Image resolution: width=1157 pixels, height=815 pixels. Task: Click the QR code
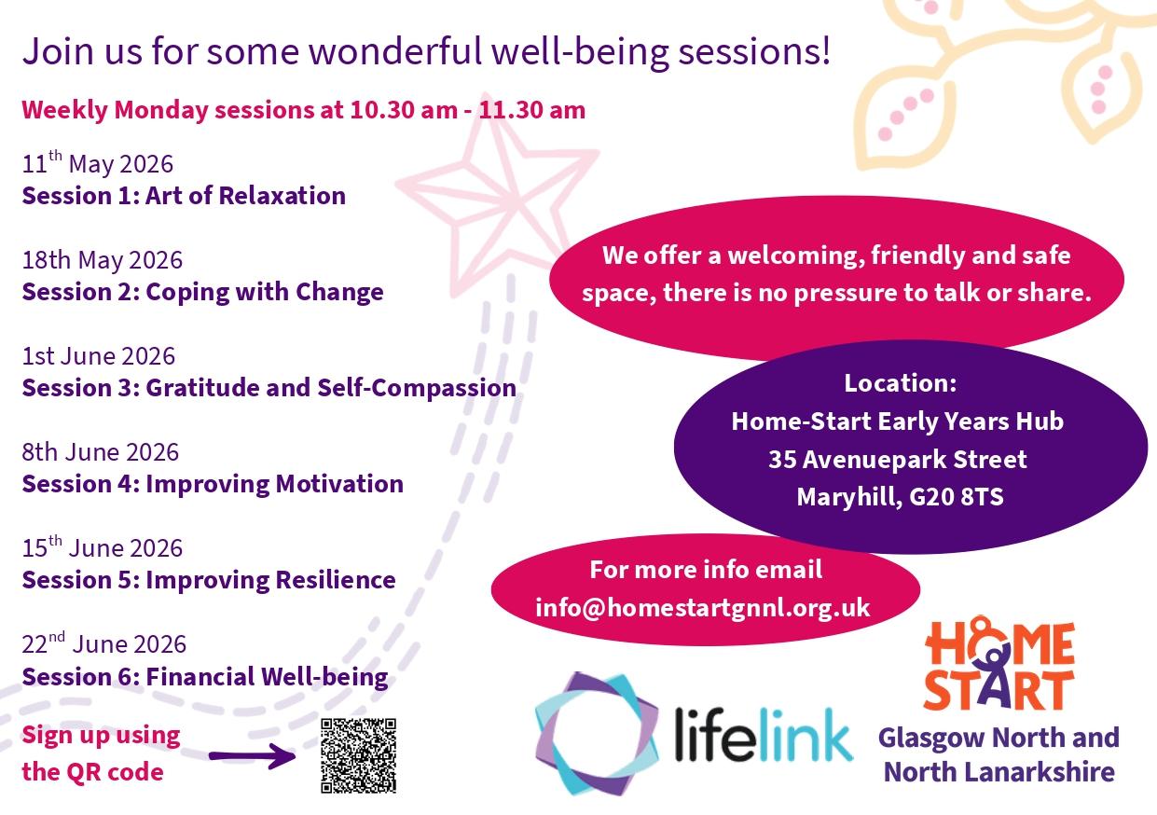pyautogui.click(x=358, y=755)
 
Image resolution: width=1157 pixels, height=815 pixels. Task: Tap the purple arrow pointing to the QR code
pyautogui.click(x=252, y=755)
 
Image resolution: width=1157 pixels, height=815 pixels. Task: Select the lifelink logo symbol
pyautogui.click(x=598, y=734)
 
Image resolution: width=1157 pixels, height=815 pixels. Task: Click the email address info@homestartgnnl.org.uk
pyautogui.click(x=703, y=608)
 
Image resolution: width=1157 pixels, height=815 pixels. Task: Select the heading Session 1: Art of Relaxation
pyautogui.click(x=184, y=196)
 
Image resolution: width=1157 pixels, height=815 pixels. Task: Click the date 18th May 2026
pyautogui.click(x=103, y=259)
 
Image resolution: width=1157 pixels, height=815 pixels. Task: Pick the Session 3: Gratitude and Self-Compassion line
pyautogui.click(x=269, y=388)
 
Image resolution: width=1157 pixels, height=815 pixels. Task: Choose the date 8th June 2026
pyautogui.click(x=100, y=452)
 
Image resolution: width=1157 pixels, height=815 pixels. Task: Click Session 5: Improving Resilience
pyautogui.click(x=209, y=580)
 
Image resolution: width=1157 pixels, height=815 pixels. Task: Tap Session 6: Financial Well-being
pyautogui.click(x=205, y=676)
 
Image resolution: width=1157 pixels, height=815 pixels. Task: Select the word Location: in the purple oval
pyautogui.click(x=900, y=383)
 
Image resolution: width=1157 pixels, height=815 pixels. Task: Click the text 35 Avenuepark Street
pyautogui.click(x=897, y=460)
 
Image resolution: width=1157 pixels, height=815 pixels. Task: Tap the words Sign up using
pyautogui.click(x=101, y=735)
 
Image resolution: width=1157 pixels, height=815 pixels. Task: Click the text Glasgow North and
pyautogui.click(x=998, y=738)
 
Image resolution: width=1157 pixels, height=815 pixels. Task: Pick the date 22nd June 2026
pyautogui.click(x=103, y=644)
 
